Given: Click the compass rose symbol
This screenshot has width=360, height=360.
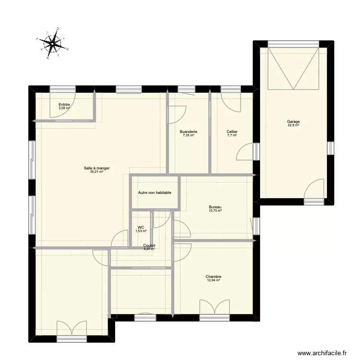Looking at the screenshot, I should pos(52,44).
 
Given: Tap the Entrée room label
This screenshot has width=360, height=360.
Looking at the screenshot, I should pos(64,104).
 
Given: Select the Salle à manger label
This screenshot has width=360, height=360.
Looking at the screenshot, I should pos(96,168).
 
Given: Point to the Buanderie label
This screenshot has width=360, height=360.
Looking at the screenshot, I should pos(188,132).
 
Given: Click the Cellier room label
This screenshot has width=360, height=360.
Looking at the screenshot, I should pos(232,132).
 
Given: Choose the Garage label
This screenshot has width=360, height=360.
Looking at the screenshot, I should pos(293,121).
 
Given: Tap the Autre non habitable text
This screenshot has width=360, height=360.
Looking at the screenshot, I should pos(155,193).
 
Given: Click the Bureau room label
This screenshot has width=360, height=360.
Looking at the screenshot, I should pos(215,207).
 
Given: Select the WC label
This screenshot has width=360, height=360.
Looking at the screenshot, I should pos(141,228).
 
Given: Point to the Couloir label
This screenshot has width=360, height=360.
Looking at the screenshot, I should pos(149,245).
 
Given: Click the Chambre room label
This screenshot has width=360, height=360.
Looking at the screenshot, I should pos(213,276).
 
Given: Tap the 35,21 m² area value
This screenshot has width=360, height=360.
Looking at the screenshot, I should pos(96,172).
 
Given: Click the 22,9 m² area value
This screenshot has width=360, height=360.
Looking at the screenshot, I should pos(293,125).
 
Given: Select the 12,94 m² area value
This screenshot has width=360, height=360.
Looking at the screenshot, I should pos(213,280).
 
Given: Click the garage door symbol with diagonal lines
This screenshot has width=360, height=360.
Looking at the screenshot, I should pos(293,68).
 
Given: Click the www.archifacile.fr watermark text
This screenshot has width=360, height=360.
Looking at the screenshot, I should pos(322,353).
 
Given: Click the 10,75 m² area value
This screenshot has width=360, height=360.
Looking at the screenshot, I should pos(215,211).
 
